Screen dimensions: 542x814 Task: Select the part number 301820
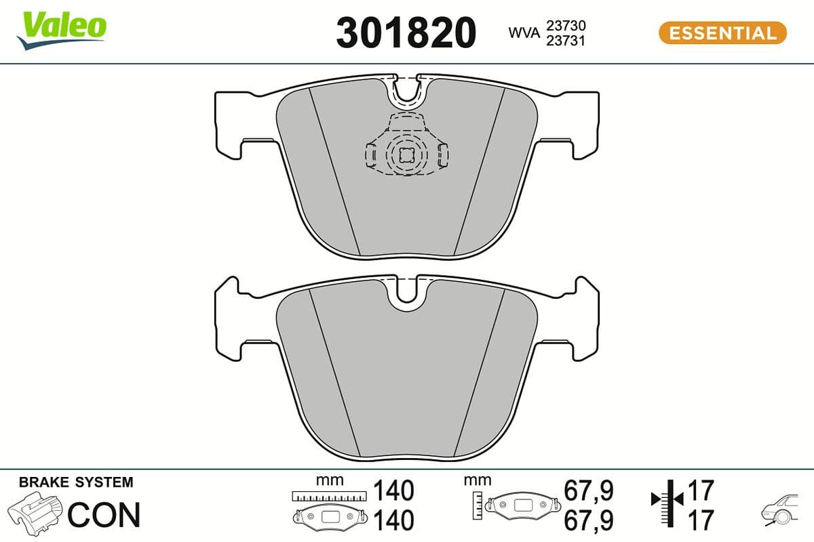click(406, 33)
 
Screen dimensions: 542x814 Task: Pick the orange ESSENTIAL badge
click(722, 33)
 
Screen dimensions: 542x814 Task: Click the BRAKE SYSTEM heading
click(76, 483)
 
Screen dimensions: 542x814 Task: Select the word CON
click(104, 514)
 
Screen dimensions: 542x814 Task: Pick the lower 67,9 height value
click(588, 520)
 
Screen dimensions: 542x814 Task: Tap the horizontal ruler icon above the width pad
click(328, 496)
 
